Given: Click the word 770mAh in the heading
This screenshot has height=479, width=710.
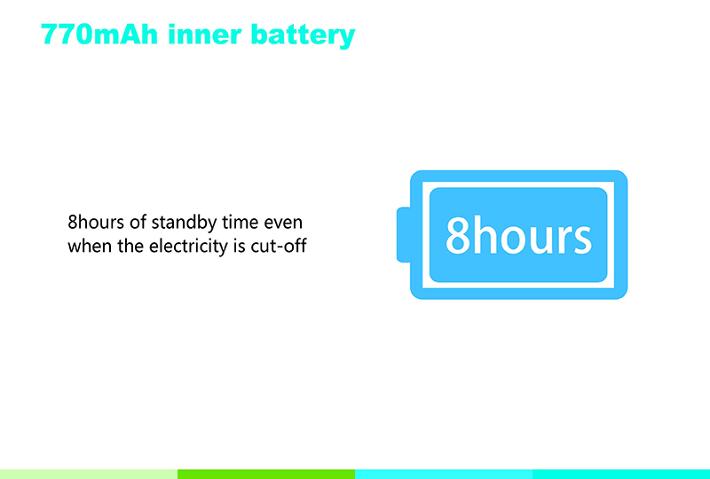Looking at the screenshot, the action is pos(99,35).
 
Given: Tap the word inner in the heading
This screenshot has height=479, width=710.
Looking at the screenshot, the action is pos(204,35).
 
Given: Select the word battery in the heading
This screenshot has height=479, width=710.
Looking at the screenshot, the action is pos(303,36).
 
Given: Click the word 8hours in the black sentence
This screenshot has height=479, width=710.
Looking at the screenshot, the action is pos(96,223).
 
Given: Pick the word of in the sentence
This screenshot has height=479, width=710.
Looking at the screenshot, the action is pos(138,223).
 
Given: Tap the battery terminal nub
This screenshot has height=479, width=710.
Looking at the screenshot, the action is pos(404,234).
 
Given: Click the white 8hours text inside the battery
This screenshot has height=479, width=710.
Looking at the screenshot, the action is pos(518,235).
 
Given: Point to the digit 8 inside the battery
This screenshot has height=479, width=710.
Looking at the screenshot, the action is pos(458,236).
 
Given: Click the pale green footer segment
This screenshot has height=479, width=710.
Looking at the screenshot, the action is pos(89,474).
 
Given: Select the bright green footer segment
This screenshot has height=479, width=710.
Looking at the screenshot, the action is pos(266,474).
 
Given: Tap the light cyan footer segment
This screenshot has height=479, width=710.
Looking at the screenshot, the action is pos(444,474).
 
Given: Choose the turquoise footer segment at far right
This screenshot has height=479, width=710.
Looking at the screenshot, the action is pos(621,474).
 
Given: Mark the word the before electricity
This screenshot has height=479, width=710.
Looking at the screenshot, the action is pos(130,247).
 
